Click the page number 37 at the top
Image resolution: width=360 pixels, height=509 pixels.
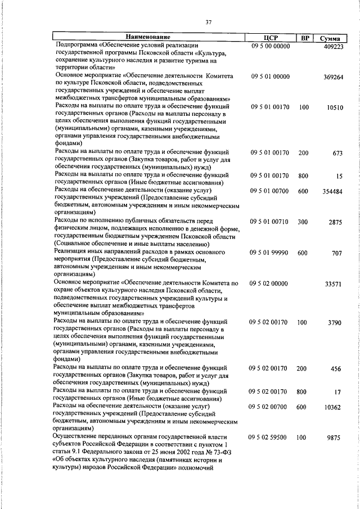click(208, 22)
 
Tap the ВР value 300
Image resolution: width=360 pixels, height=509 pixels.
click(304, 223)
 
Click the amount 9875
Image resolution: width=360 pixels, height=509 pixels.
click(335, 438)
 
